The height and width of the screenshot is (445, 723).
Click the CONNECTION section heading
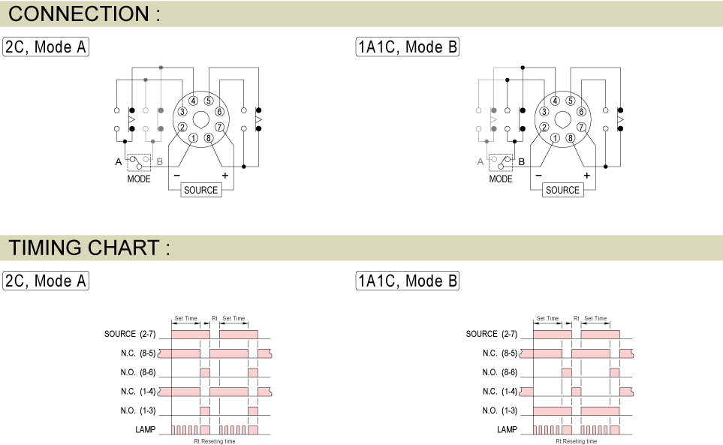coord(84,14)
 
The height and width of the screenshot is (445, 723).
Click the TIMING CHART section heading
coord(89,248)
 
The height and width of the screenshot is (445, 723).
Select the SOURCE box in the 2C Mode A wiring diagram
coord(200,190)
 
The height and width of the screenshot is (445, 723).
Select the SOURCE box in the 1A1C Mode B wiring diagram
coord(562,190)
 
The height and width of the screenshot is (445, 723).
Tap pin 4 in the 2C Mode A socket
coord(193,101)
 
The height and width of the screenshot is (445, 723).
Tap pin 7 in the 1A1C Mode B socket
coord(581,127)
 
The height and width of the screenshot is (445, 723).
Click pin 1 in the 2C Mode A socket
coord(193,138)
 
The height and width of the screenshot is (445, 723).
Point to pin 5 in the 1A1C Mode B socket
coord(571,101)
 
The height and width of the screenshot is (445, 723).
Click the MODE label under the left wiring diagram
coord(139,179)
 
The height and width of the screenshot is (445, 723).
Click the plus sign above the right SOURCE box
coord(587,176)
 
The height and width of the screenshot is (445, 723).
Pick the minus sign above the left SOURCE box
coord(176,176)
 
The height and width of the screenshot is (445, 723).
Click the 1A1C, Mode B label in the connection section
coord(408,47)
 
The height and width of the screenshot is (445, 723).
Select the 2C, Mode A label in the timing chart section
coord(46,281)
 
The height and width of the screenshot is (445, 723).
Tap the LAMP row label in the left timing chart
coord(145,429)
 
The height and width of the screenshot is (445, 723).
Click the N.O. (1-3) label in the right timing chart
coord(500,410)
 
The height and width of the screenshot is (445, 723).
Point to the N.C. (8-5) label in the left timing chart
coord(138,353)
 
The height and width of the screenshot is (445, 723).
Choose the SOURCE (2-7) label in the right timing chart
coord(492,334)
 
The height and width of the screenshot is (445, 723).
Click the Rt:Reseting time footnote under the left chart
coord(215,441)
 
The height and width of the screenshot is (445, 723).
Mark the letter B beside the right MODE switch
coord(522,161)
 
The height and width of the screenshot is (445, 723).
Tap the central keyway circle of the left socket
coord(200,119)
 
